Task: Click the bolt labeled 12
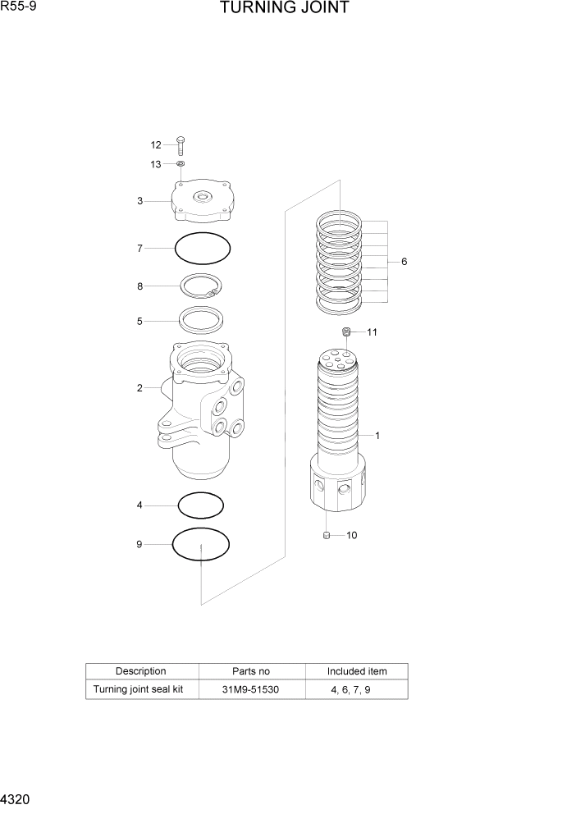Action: pos(181,145)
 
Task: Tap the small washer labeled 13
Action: pos(181,164)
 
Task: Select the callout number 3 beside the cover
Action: pos(140,201)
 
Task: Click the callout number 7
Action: pos(140,248)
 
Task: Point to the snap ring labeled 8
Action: pos(202,286)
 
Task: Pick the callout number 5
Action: pos(140,322)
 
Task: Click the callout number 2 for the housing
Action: pos(140,388)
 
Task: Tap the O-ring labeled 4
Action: pos(201,505)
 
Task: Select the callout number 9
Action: pos(139,544)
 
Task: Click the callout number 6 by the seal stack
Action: pos(404,262)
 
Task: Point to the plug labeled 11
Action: pos(347,332)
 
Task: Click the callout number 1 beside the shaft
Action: pos(377,436)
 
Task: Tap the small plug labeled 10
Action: pos(326,536)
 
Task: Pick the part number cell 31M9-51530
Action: pos(250,689)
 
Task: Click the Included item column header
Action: pos(357,671)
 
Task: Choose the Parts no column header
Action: pos(251,671)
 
